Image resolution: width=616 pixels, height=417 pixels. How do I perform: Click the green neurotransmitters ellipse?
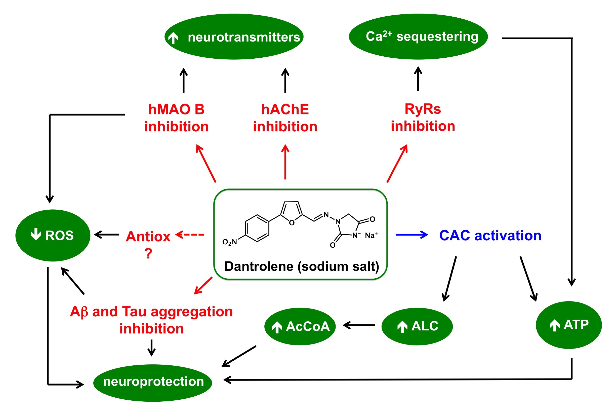[234, 36]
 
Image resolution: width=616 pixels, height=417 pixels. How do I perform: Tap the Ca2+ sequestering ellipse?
[418, 36]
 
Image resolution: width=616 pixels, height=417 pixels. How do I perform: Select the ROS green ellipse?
[53, 235]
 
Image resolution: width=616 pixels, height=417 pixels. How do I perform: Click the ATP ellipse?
[568, 325]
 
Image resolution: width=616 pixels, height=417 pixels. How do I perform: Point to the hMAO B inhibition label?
[176, 118]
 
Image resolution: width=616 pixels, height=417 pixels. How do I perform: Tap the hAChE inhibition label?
[285, 118]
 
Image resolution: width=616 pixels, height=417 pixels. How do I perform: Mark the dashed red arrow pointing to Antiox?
[190, 235]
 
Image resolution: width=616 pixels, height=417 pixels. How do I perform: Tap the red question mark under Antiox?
[148, 253]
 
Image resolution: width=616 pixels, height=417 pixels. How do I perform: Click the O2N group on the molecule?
[229, 242]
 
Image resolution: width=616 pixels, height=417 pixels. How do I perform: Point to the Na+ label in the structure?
[371, 235]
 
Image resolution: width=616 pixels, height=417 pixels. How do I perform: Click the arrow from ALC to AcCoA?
[359, 325]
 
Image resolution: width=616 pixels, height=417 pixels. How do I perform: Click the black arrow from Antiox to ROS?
[107, 235]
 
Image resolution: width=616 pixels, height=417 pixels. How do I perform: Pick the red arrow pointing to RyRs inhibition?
[397, 163]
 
